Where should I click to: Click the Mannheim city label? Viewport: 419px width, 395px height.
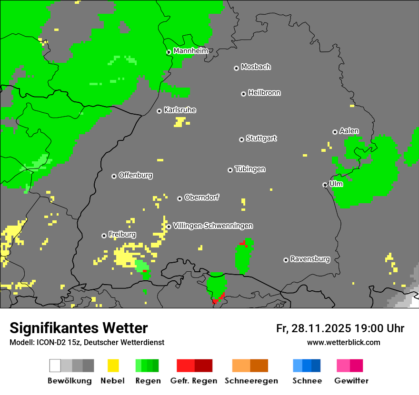[x=190, y=51]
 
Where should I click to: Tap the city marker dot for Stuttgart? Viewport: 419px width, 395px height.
[x=241, y=139]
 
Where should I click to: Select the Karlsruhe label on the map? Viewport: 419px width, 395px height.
[x=180, y=110]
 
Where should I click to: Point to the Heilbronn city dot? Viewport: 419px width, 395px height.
[x=243, y=94]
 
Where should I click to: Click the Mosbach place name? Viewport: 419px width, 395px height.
[x=256, y=67]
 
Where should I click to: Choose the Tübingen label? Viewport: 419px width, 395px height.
[x=250, y=169]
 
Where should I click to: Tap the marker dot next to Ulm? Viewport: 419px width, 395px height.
[x=325, y=185]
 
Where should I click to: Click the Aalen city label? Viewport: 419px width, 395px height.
[x=349, y=131]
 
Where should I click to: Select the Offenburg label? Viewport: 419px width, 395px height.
[x=136, y=175]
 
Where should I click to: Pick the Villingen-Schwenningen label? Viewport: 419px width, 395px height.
[x=213, y=226]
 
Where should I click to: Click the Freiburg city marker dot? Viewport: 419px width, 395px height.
[x=104, y=236]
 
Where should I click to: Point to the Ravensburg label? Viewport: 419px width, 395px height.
[x=310, y=259]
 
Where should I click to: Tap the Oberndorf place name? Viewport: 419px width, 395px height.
[x=202, y=197]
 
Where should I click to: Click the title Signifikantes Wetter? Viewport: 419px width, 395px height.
[x=79, y=328]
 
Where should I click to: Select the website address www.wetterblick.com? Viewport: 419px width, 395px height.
[x=343, y=342]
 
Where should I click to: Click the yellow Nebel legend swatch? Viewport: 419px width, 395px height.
[x=113, y=365]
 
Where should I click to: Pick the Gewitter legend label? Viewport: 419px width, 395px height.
[x=351, y=381]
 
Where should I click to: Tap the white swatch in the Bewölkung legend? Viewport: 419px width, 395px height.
[x=55, y=365]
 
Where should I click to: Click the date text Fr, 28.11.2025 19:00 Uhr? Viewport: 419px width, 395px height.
[x=340, y=328]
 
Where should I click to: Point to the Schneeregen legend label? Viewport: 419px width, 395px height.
[x=251, y=381]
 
